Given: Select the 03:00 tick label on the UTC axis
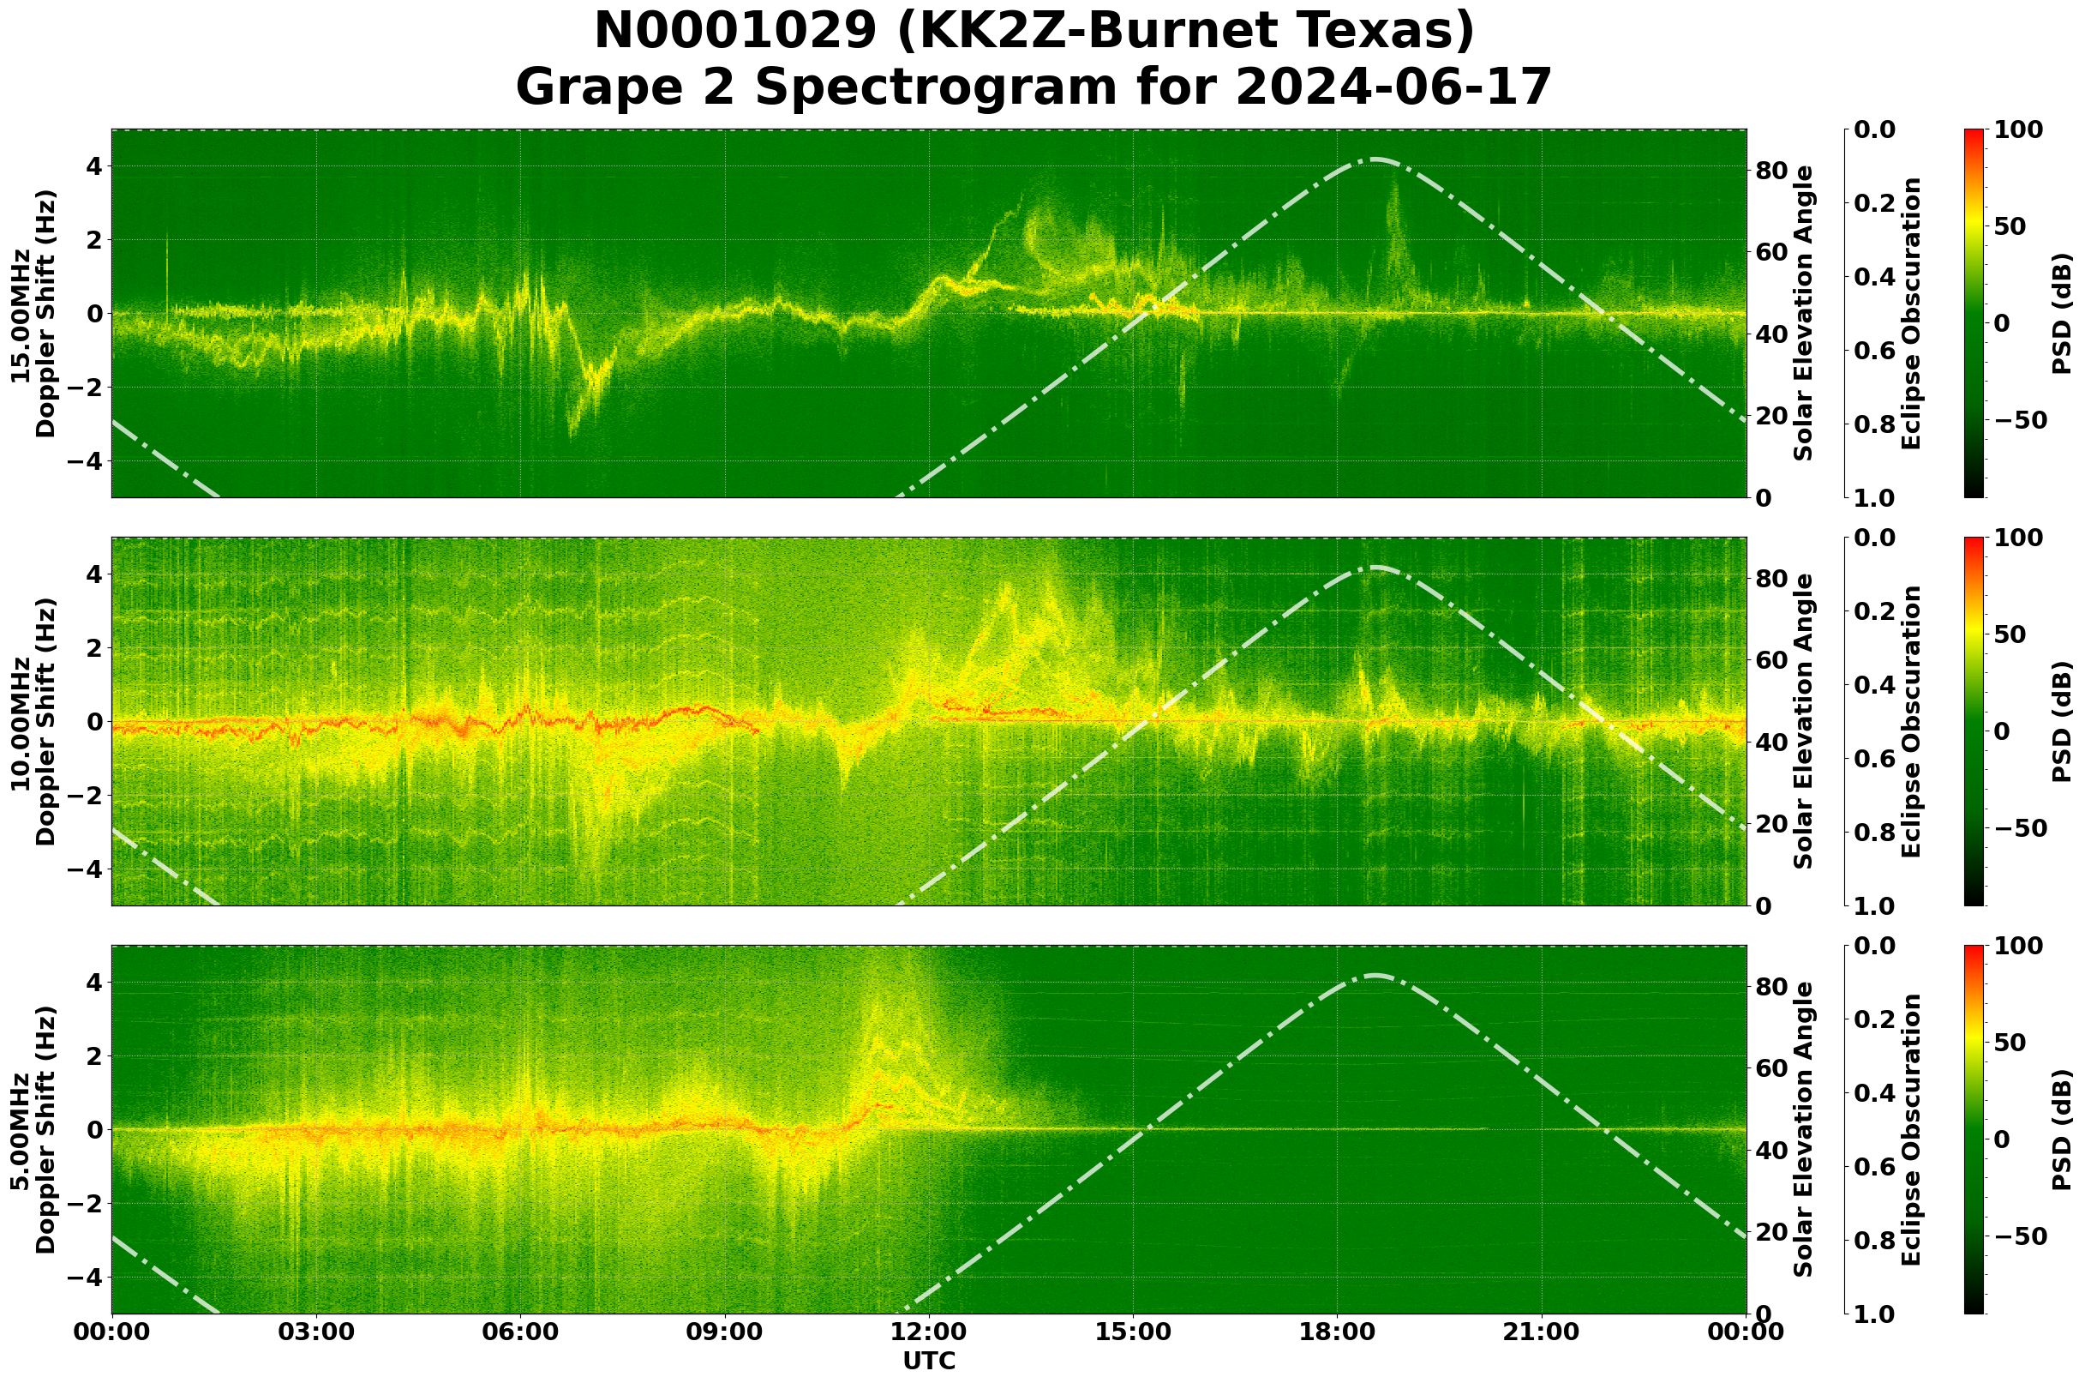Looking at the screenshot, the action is click(x=316, y=1332).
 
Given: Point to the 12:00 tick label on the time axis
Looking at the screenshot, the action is click(x=929, y=1332).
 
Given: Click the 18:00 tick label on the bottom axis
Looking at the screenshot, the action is click(x=1338, y=1332).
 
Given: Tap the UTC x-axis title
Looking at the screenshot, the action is click(x=929, y=1362).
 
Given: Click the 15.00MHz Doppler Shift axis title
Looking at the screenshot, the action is click(x=33, y=314).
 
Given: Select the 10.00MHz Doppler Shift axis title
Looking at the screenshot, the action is click(x=33, y=721).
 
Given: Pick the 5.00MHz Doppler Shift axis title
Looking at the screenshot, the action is click(x=33, y=1130).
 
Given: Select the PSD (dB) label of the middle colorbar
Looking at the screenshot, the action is click(x=2062, y=721).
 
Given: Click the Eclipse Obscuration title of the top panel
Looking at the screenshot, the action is click(x=1911, y=314).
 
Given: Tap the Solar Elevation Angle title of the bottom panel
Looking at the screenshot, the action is click(x=1804, y=1130).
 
